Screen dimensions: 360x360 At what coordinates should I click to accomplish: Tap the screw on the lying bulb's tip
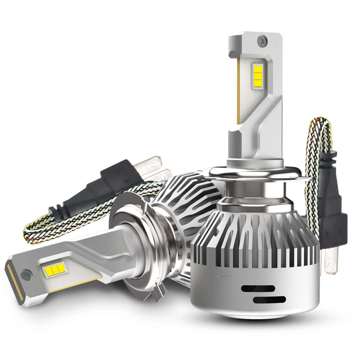[25, 273]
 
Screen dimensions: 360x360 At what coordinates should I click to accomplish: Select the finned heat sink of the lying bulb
[180, 198]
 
